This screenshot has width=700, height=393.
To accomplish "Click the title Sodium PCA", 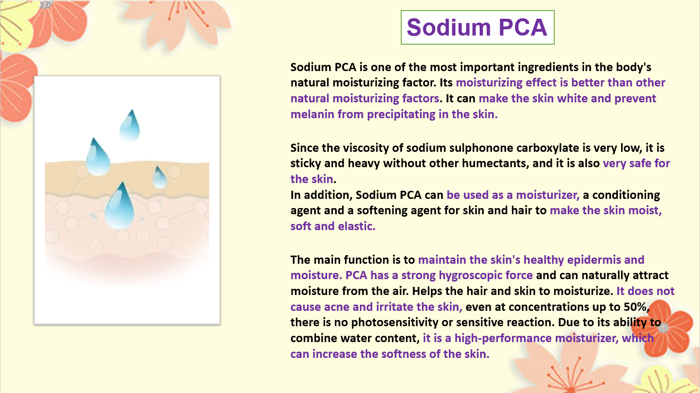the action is [x=477, y=27].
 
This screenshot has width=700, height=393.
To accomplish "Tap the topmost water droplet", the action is [x=130, y=125].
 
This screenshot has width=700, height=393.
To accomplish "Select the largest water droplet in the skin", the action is [x=119, y=206].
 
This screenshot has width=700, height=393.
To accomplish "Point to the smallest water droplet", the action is [x=160, y=178].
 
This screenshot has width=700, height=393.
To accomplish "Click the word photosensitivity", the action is [x=395, y=323].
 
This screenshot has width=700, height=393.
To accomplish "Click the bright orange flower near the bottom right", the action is [x=663, y=328].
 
